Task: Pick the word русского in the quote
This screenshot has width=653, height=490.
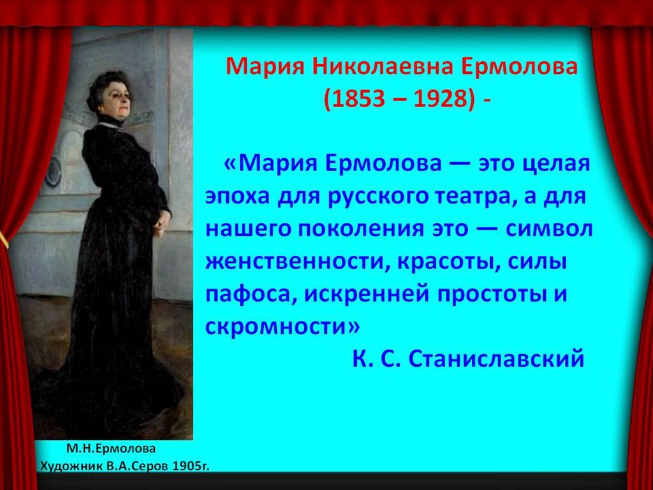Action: click(x=378, y=197)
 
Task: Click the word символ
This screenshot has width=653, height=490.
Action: click(x=549, y=229)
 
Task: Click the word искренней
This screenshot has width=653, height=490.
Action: click(x=367, y=295)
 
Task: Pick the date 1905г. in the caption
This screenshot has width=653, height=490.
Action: click(x=191, y=465)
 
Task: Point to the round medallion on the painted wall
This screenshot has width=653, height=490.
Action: click(x=53, y=171)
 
